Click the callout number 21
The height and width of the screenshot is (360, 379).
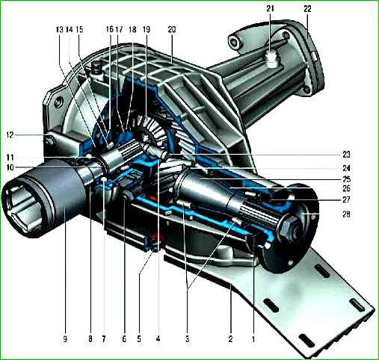click(270, 9)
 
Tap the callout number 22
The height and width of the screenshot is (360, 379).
click(307, 9)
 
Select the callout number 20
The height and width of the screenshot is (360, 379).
click(172, 30)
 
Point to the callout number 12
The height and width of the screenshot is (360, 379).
click(10, 135)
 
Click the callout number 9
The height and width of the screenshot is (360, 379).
click(65, 339)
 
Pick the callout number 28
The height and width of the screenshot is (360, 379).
click(346, 214)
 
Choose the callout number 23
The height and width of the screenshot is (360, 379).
click(346, 155)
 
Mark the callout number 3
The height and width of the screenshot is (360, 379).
click(188, 339)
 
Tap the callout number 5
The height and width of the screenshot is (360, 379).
click(139, 339)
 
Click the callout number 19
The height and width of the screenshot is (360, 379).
click(147, 30)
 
